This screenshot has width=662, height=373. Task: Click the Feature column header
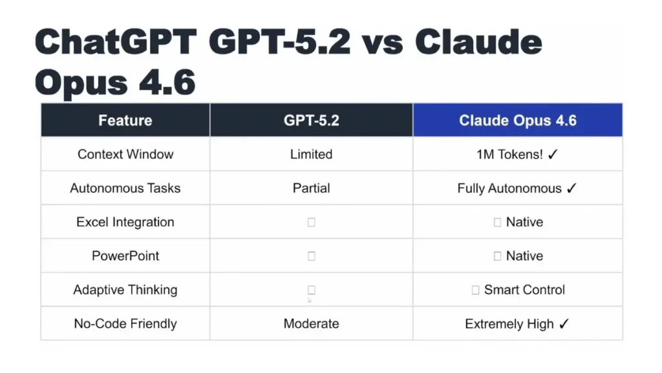[125, 120]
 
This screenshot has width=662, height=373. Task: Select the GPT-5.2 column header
[311, 120]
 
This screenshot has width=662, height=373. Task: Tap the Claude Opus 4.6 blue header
[517, 120]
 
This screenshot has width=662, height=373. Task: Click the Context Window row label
[125, 154]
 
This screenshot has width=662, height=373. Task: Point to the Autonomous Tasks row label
[125, 188]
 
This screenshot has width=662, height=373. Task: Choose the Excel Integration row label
[125, 222]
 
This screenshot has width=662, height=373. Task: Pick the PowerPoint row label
[125, 256]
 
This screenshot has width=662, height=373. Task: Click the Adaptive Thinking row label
[125, 289]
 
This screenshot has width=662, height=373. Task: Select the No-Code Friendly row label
[125, 324]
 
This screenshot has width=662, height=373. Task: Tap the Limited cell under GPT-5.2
[311, 154]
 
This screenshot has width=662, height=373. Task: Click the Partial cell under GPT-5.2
[311, 188]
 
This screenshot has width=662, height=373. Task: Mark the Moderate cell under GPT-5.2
[311, 324]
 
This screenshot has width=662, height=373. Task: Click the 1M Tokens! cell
[511, 154]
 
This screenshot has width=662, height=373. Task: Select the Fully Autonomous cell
[509, 188]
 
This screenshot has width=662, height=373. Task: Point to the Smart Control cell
[524, 289]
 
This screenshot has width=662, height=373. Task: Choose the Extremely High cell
[509, 324]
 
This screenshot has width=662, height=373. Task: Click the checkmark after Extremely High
[564, 324]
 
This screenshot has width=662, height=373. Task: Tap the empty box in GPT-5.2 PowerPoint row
[312, 256]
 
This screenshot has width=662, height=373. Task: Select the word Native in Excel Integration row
[524, 222]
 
